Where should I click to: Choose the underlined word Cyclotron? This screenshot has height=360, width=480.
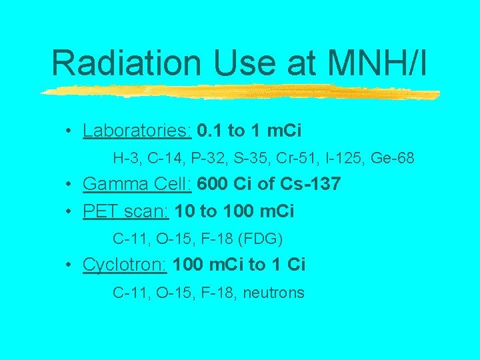point(125,265)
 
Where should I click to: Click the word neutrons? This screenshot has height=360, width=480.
point(273,292)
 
